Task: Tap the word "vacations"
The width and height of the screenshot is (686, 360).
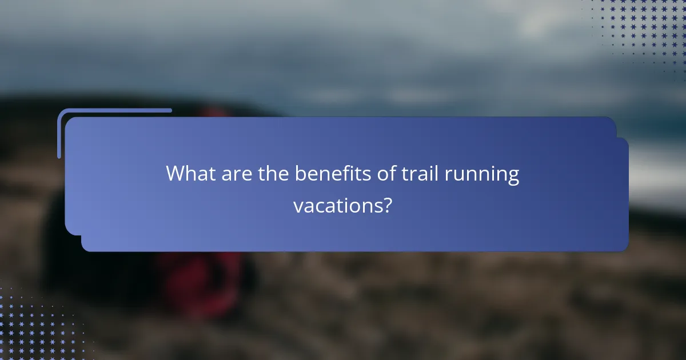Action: [337, 205]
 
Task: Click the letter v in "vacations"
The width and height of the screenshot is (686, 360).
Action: [298, 206]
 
